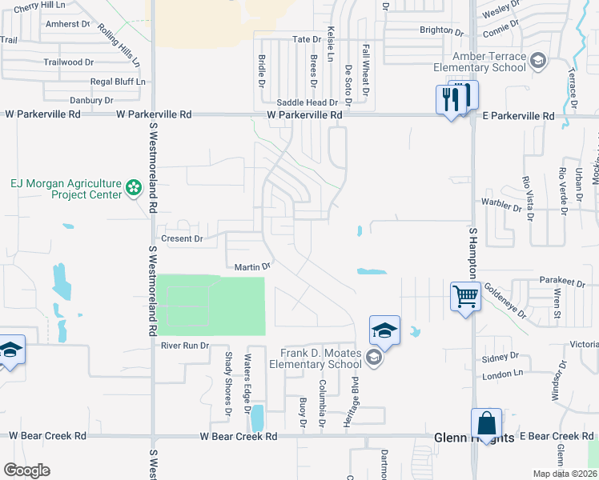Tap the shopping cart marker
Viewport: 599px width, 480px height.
(465, 297)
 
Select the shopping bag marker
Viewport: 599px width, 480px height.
(487, 423)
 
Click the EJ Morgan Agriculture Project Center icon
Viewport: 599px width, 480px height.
(134, 189)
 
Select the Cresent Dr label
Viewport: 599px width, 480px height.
(183, 238)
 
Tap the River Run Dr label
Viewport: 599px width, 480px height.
(185, 346)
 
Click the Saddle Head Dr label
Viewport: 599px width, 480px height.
(307, 102)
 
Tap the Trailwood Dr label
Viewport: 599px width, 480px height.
(69, 62)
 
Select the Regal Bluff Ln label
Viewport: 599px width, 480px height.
(118, 82)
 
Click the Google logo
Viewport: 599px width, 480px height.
(27, 470)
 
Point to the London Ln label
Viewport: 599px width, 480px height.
(502, 374)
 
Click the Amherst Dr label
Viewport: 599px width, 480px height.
(69, 24)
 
